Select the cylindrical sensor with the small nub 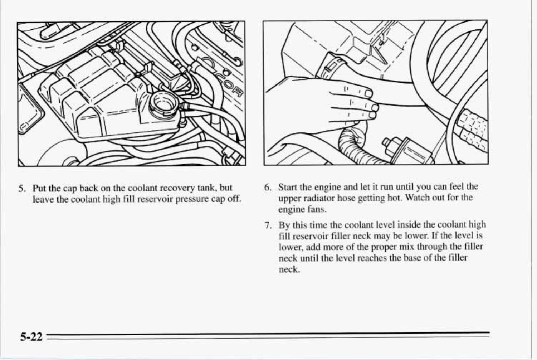point(408,150)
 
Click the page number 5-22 point(31,337)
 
